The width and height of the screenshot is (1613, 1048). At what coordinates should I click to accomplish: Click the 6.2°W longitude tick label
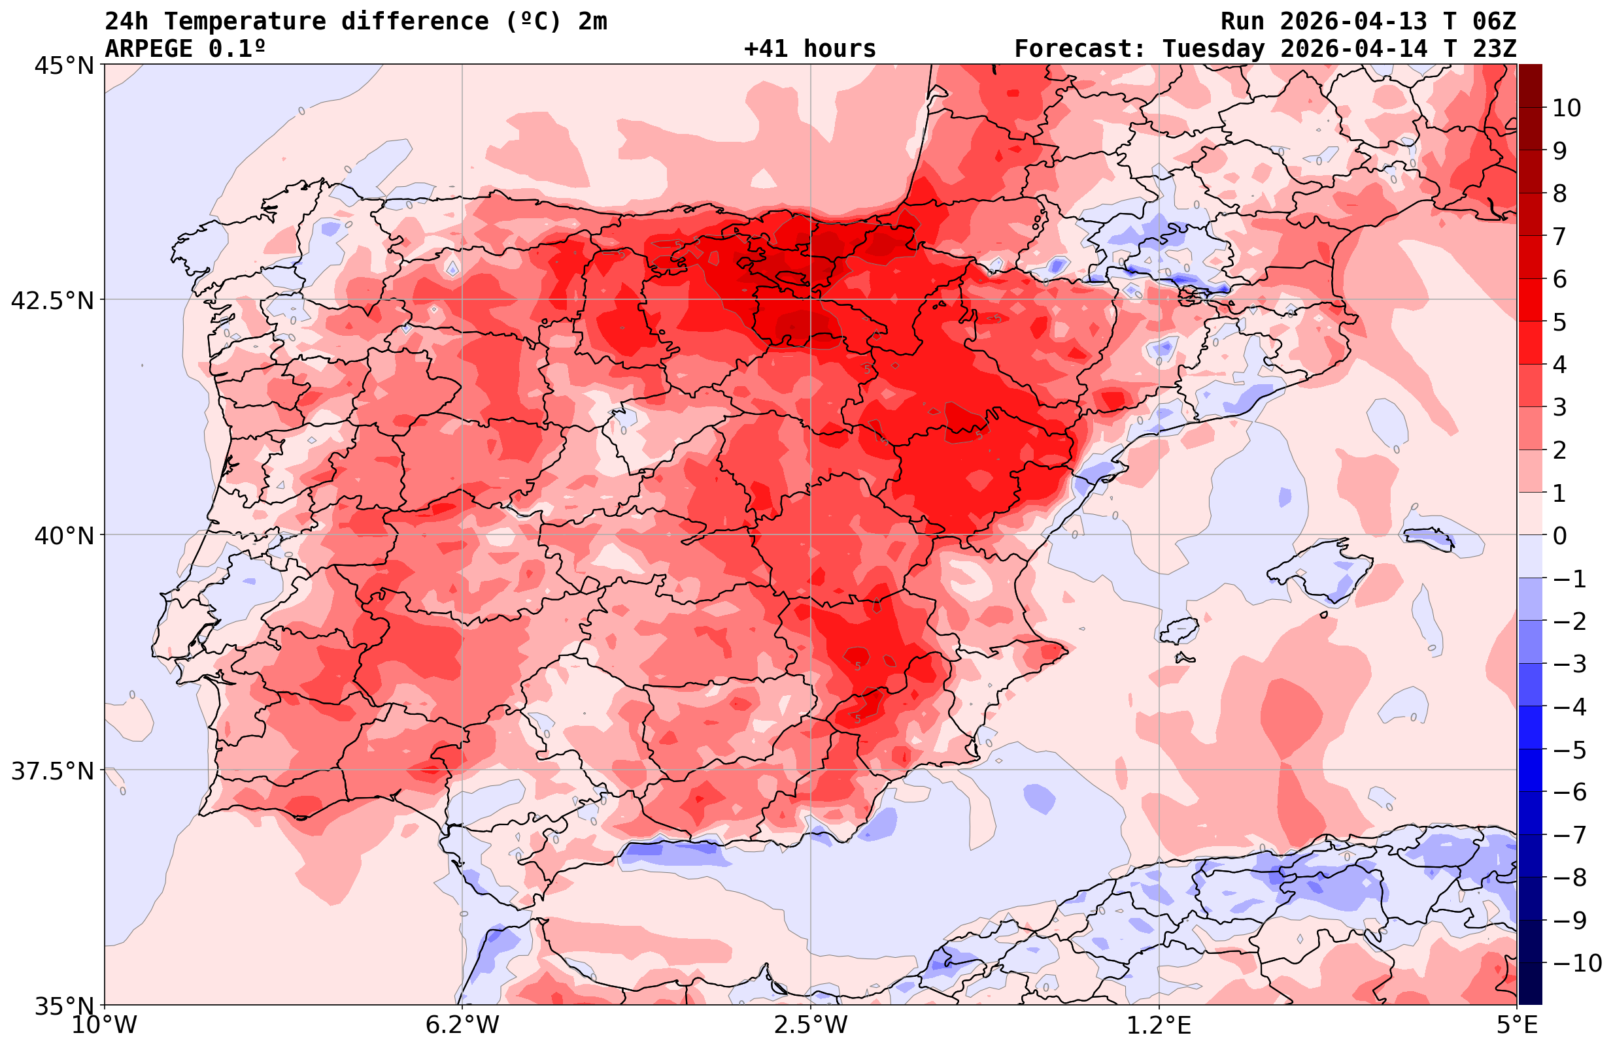tap(462, 1025)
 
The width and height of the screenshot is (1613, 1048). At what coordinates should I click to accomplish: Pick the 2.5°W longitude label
tap(811, 1025)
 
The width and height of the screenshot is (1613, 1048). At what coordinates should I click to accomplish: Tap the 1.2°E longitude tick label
tap(1159, 1025)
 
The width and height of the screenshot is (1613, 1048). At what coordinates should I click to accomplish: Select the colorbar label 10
tap(1566, 108)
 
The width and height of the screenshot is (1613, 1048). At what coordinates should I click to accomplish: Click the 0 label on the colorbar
tap(1559, 536)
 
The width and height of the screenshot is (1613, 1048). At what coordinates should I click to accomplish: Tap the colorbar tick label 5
tap(1559, 322)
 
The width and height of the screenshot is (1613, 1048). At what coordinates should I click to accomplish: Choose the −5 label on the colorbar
tap(1569, 750)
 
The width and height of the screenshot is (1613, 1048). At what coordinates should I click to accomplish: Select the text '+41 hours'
tap(810, 49)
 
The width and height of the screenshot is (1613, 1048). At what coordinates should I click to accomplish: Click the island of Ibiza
tap(1180, 630)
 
